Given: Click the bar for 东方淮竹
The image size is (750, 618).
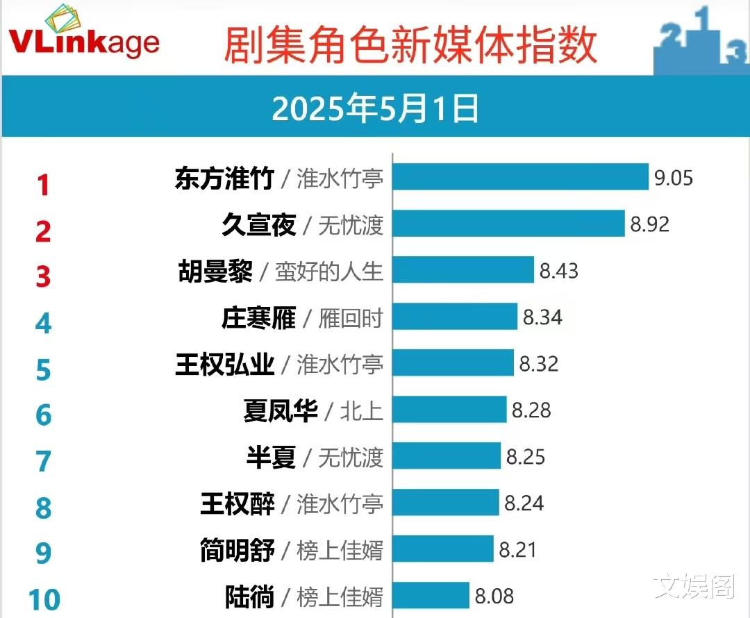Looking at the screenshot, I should coord(520,178).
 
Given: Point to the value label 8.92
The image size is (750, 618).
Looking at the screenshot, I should coord(650,224).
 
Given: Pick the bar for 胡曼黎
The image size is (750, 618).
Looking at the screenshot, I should coord(463,270).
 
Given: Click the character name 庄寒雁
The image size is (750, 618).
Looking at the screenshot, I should coord(258,318).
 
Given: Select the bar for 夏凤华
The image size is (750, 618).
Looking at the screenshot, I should coord(449,410).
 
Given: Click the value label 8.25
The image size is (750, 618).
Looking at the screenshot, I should coord(526,456).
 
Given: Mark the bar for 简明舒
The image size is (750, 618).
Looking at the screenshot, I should coord(443,549).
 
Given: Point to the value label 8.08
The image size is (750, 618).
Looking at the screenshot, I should coord(494,595).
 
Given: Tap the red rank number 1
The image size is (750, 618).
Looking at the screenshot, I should coord(43,185).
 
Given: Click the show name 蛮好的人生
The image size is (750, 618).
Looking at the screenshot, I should coord(329,271).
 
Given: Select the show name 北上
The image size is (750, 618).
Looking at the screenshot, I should coord(361,410).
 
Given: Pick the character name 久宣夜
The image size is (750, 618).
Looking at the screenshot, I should coord(258,224).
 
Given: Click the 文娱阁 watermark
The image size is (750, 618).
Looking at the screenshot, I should coord(694,587).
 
